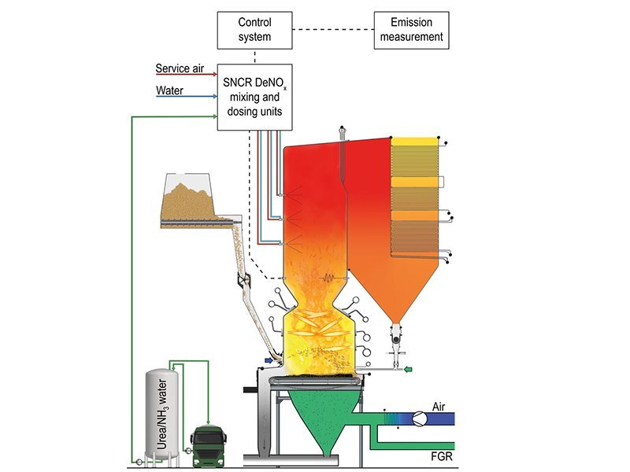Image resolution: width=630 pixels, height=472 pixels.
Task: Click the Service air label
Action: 179,68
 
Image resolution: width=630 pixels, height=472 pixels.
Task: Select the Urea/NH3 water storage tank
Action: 161,413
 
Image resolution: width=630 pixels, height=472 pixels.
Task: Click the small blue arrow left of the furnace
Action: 270,360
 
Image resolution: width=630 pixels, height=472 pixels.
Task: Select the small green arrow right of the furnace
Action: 406,367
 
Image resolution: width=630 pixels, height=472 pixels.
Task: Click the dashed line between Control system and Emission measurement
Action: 332,29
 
